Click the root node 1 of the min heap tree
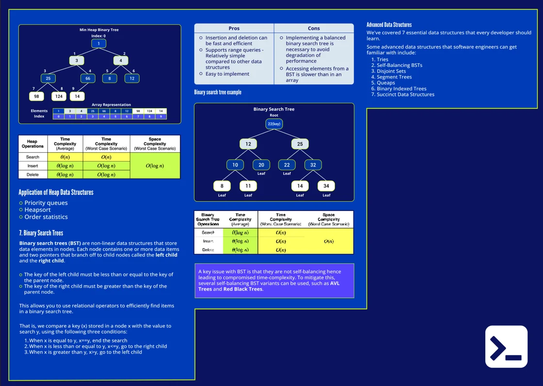[98, 44]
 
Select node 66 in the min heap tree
[88, 78]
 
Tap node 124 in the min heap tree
[59, 96]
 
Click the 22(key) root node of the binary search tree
[274, 124]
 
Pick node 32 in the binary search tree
[313, 165]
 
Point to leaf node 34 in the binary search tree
[326, 186]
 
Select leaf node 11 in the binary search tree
[248, 186]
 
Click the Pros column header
[234, 29]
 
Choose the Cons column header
[314, 29]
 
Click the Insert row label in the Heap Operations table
[33, 166]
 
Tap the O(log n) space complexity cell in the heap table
[155, 166]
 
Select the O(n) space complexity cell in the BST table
[329, 241]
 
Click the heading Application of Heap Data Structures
[56, 193]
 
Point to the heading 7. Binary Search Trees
[41, 233]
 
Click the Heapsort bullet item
[37, 210]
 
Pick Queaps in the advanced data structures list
[385, 83]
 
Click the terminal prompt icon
[506, 347]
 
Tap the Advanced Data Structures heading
[389, 25]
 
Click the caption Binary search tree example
[218, 92]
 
